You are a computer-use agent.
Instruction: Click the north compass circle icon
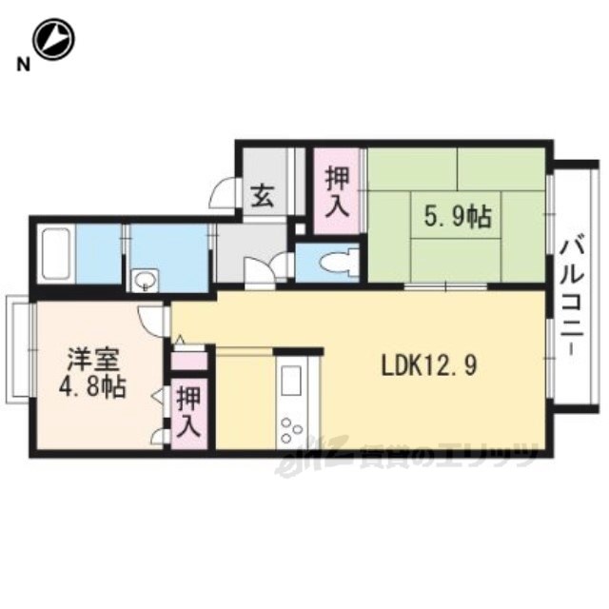point(53,40)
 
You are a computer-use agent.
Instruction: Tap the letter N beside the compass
point(23,65)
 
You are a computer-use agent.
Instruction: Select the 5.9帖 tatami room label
point(458,217)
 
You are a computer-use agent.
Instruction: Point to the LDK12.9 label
point(429,365)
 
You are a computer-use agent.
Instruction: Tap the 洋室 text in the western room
point(93,360)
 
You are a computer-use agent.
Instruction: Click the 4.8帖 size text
point(92,387)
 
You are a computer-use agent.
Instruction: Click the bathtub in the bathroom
point(56,253)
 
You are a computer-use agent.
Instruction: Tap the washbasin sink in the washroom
point(146,280)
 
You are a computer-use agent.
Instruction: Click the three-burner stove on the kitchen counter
point(292,429)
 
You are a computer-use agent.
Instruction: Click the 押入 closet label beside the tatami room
point(337,192)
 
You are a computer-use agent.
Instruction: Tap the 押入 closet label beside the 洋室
point(188,412)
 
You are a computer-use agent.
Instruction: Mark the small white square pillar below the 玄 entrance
point(301,228)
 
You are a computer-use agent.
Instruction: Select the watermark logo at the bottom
point(407,456)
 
